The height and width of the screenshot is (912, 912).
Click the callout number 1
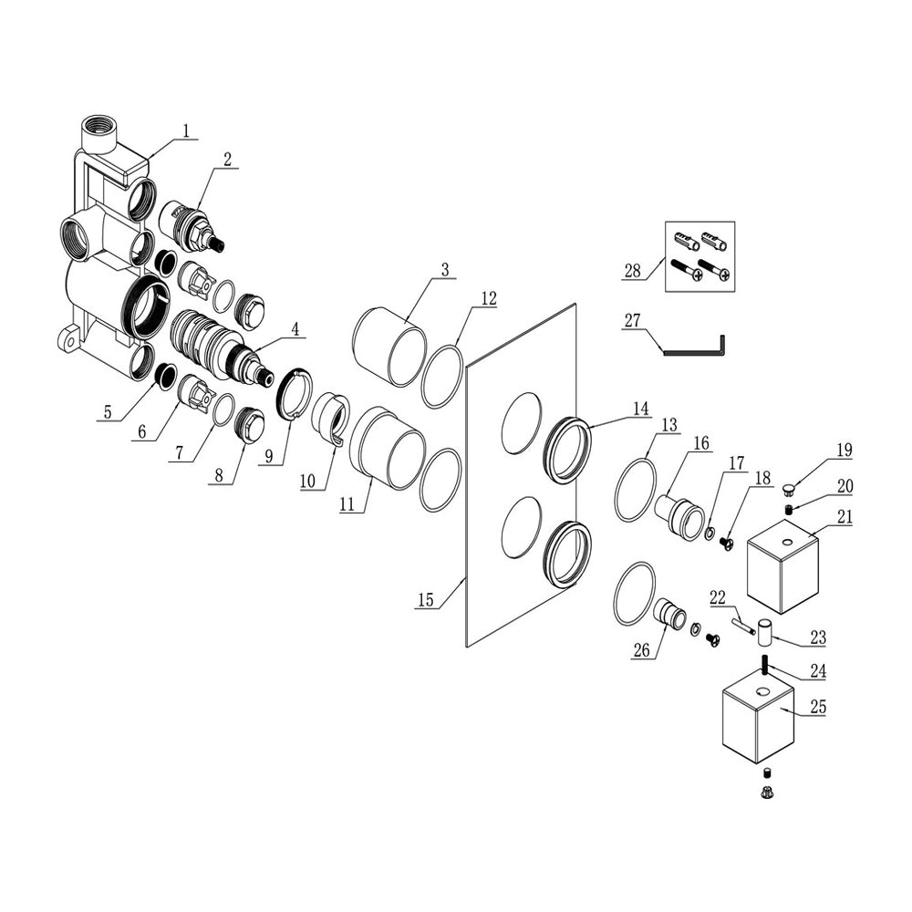click(186, 131)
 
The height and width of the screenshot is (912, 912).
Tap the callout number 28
click(630, 270)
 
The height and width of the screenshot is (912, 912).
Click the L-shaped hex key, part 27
click(693, 354)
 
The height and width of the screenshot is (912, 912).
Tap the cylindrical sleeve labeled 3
click(390, 347)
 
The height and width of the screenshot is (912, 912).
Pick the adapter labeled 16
click(679, 513)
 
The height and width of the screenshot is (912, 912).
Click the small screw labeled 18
click(728, 544)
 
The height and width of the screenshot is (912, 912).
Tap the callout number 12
click(489, 298)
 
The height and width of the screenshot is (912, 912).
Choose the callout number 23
click(817, 639)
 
